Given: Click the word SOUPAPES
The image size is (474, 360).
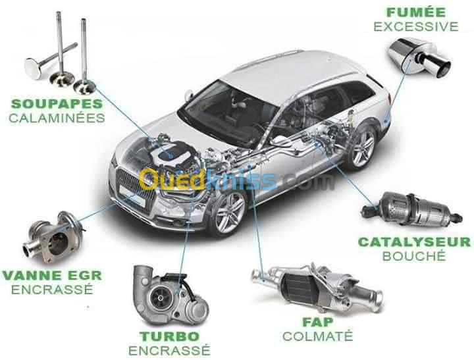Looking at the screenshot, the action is [57, 104].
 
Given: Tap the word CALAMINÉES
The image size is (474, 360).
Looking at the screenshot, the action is [57, 118].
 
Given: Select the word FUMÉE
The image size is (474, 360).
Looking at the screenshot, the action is [416, 13].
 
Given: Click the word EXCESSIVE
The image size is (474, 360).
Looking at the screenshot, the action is [416, 26].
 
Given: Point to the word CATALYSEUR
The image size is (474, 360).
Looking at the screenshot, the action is [414, 242].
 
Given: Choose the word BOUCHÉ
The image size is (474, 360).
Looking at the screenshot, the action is [414, 256].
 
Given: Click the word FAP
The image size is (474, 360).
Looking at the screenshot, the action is [318, 322].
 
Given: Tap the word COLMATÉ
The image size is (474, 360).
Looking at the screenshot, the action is [318, 336].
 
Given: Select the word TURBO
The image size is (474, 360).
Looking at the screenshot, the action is [169, 336].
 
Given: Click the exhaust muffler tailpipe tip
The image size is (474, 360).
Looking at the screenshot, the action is [440, 67].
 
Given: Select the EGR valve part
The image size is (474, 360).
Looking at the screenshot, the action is [53, 237].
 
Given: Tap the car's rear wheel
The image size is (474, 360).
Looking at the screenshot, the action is [363, 146].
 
